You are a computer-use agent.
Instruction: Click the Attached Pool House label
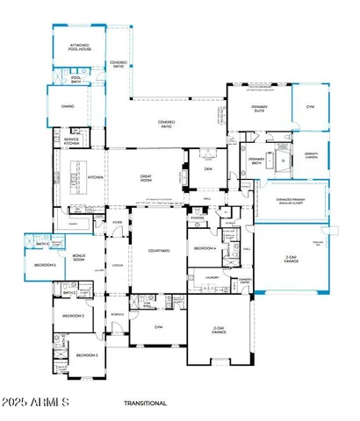pos(76,45)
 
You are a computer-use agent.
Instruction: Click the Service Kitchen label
pos(71,141)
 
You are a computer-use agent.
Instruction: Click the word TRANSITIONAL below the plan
pos(146,403)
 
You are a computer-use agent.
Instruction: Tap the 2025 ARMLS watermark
pos(36,403)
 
